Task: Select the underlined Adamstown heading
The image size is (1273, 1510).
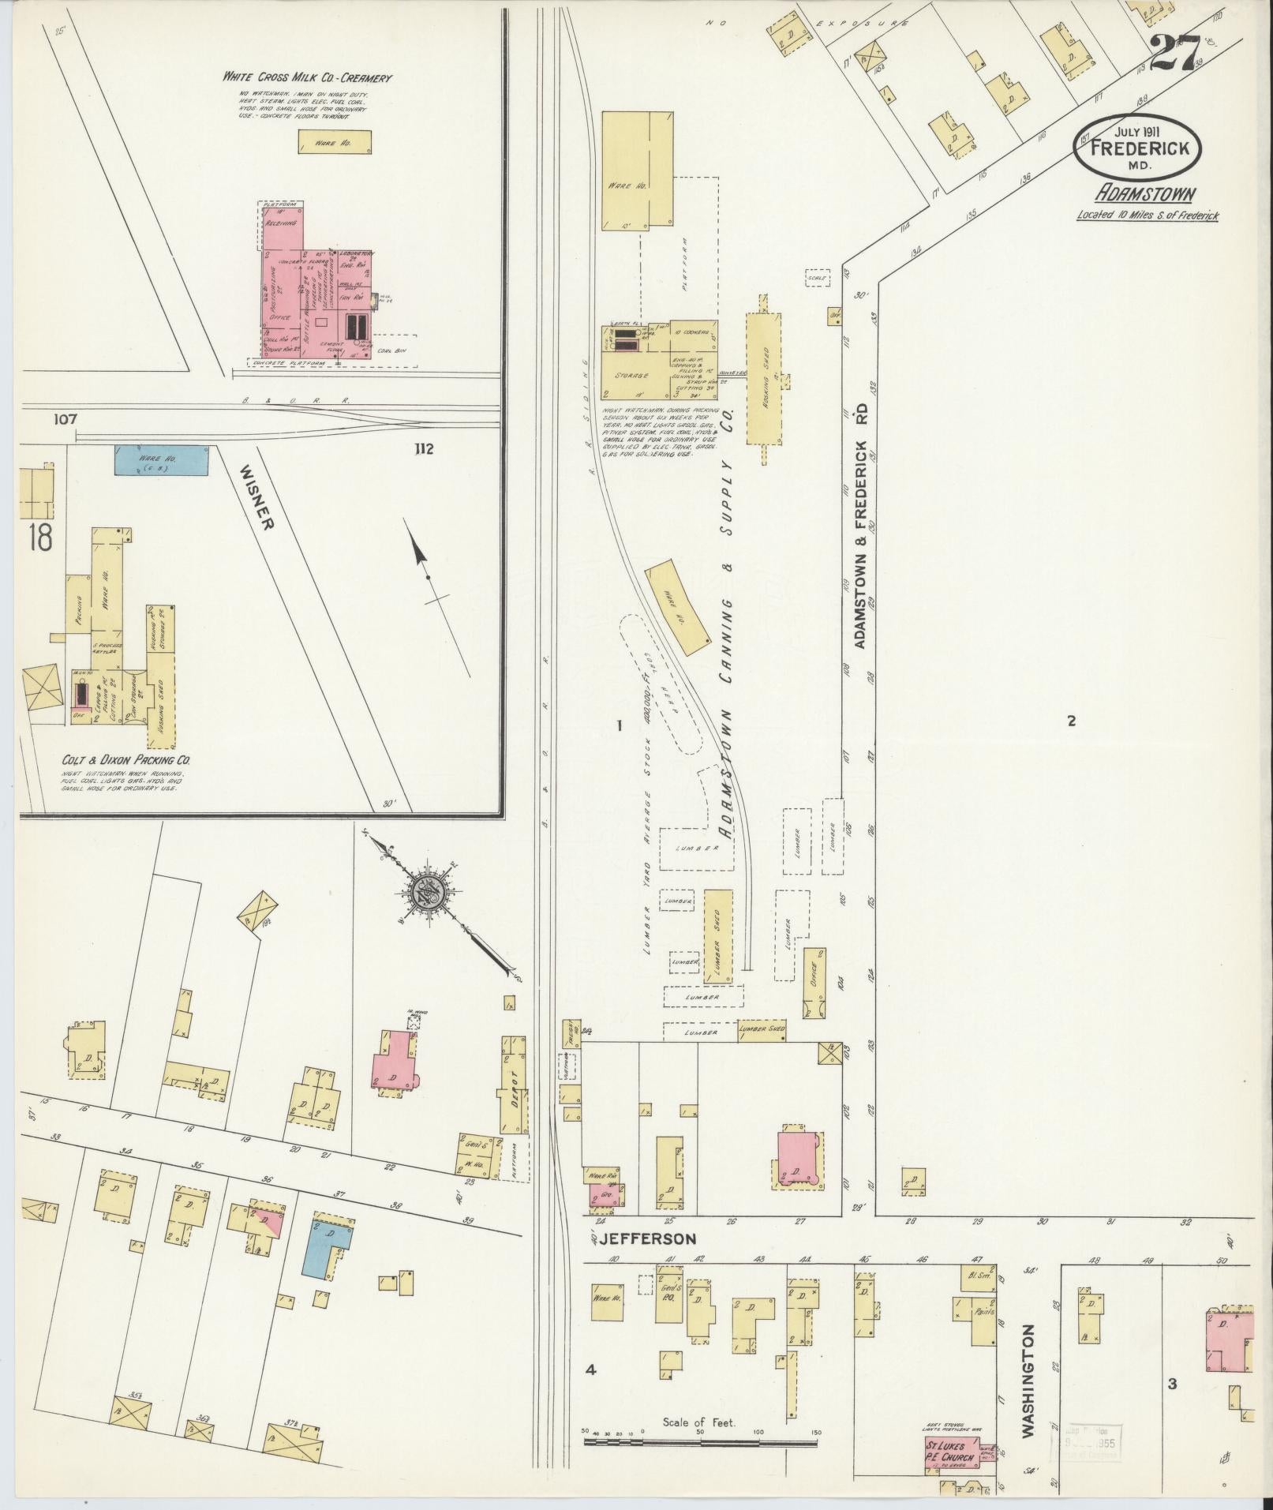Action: (1144, 194)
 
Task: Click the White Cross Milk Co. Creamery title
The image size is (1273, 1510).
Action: (307, 77)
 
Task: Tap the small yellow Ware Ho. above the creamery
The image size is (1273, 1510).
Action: (334, 142)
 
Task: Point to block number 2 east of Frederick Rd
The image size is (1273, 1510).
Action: (1071, 720)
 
